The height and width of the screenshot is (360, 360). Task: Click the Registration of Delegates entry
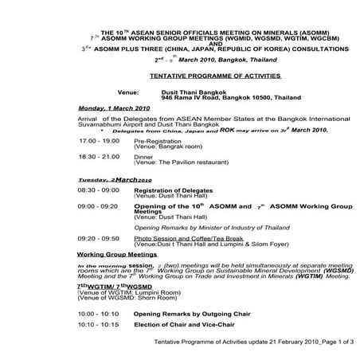pyautogui.click(x=170, y=191)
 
